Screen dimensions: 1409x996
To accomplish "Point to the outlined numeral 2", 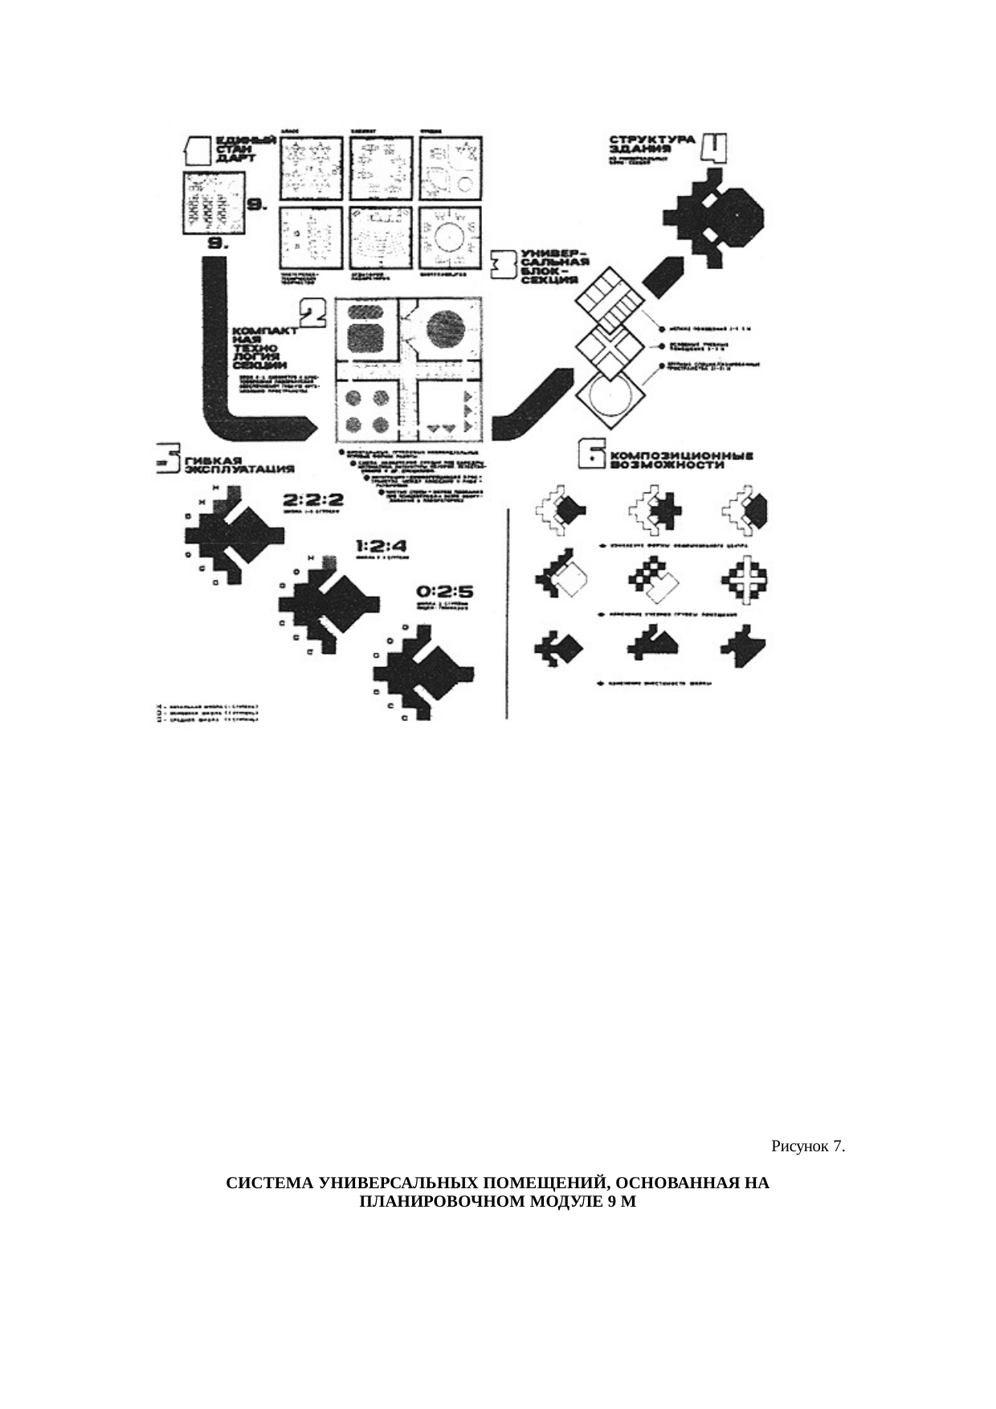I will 312,313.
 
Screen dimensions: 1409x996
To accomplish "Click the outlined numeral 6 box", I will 594,456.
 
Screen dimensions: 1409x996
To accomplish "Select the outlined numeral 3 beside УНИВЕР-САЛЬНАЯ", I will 504,264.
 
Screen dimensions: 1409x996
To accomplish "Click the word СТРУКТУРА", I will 651,139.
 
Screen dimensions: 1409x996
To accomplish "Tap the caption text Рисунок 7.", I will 808,1146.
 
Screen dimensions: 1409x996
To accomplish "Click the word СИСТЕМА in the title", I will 270,1183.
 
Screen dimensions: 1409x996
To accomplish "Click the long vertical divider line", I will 507,614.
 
